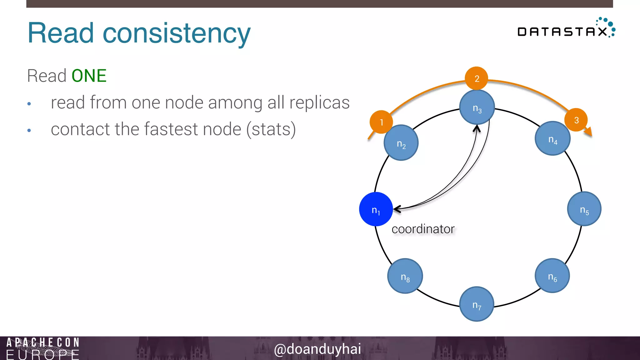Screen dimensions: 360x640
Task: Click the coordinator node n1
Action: [x=376, y=209]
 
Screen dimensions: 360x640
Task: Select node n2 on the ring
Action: [x=401, y=143]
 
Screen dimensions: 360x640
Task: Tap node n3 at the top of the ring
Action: [x=477, y=107]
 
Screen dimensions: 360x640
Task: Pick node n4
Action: [x=552, y=138]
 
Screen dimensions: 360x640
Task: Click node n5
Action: [x=584, y=209]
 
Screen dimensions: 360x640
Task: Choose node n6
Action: [x=552, y=276]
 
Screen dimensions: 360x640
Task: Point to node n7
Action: [x=477, y=304]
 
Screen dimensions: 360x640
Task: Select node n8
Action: [x=405, y=276]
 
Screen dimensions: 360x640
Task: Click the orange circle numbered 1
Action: [x=381, y=122]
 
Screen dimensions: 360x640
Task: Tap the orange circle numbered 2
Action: [x=477, y=78]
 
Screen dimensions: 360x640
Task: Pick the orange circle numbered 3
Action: [x=576, y=120]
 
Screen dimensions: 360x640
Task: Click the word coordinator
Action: [x=423, y=229]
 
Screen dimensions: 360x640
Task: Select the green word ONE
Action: [x=89, y=76]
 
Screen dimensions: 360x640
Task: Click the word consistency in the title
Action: [x=177, y=33]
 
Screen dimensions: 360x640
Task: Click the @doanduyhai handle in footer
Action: [x=317, y=349]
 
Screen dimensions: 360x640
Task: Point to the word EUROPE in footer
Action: [x=43, y=355]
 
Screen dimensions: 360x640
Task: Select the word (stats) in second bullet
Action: [x=271, y=129]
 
